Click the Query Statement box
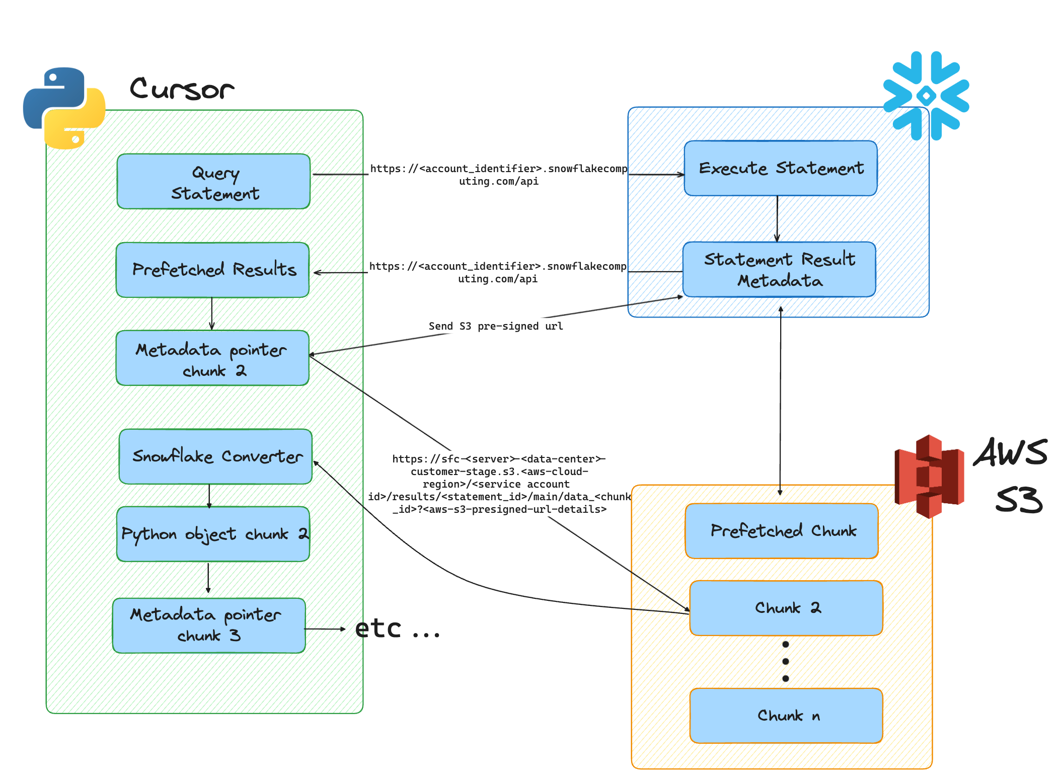click(x=213, y=182)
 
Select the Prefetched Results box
click(x=212, y=270)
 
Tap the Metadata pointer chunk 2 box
click(x=212, y=358)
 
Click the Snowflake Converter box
click(x=215, y=456)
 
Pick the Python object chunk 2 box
click(x=213, y=534)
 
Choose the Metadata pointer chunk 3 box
click(x=209, y=625)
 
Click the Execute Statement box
click(x=781, y=169)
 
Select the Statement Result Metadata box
click(x=779, y=270)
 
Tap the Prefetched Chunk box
click(x=782, y=531)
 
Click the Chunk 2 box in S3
click(x=786, y=608)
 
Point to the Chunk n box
click(x=786, y=716)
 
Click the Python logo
click(x=64, y=108)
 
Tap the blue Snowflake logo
click(x=926, y=96)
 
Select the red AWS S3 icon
click(x=929, y=477)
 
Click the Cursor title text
click(x=182, y=89)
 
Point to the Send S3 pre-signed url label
click(x=495, y=326)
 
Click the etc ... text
click(x=397, y=629)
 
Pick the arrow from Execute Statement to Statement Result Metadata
click(x=777, y=219)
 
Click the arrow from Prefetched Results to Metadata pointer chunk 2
click(x=212, y=314)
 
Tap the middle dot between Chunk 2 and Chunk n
click(x=785, y=661)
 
